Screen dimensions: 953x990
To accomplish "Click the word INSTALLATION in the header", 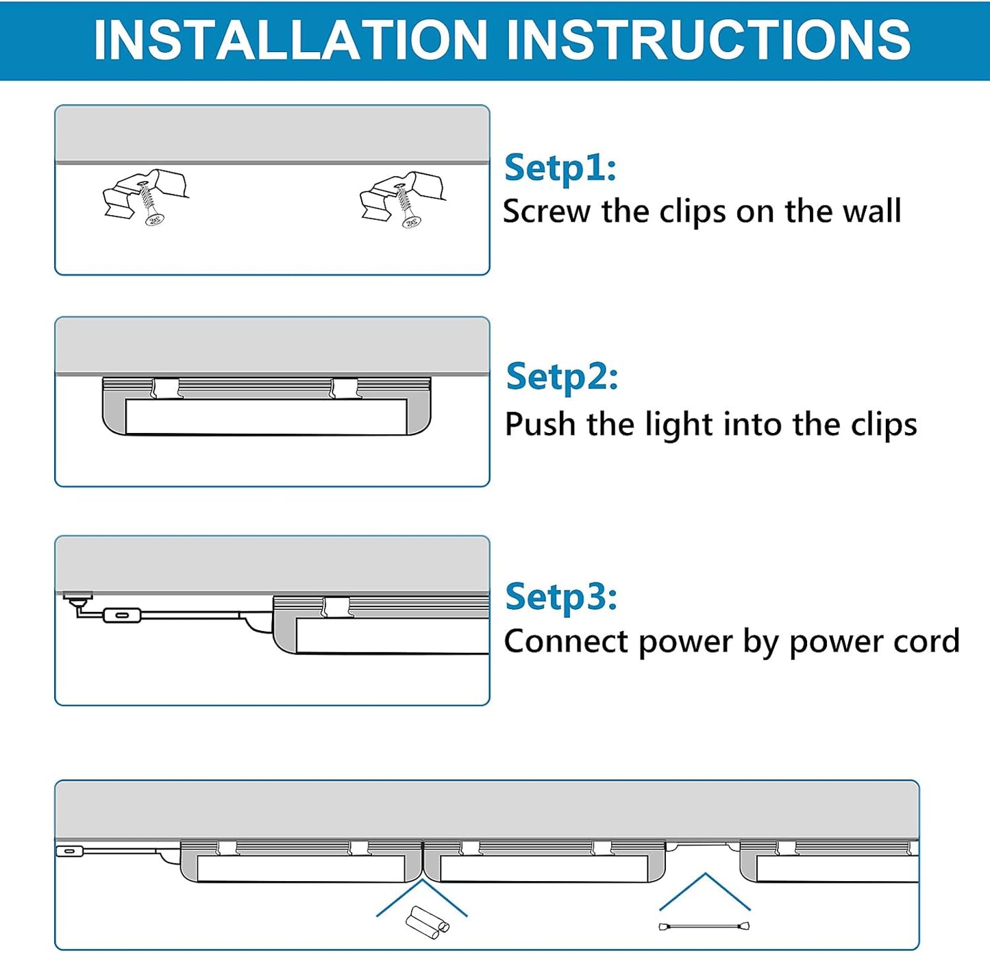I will [x=290, y=40].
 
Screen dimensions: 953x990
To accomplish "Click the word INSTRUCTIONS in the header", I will [x=708, y=40].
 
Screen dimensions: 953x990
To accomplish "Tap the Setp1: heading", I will [x=560, y=168].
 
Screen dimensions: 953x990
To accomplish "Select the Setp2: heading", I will [x=562, y=377].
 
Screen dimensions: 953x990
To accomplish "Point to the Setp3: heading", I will [x=561, y=597].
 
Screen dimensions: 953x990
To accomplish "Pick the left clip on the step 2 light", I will [x=166, y=388].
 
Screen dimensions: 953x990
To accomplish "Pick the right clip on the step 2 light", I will [x=344, y=388].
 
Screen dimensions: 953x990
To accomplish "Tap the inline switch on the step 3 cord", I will [x=121, y=615].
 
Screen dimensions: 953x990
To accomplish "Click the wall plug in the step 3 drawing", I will [x=77, y=598].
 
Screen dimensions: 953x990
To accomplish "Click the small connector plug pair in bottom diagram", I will [x=428, y=922].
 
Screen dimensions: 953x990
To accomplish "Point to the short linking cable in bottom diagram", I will [x=704, y=926].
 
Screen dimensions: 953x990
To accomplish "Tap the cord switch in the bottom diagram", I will [x=69, y=851].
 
